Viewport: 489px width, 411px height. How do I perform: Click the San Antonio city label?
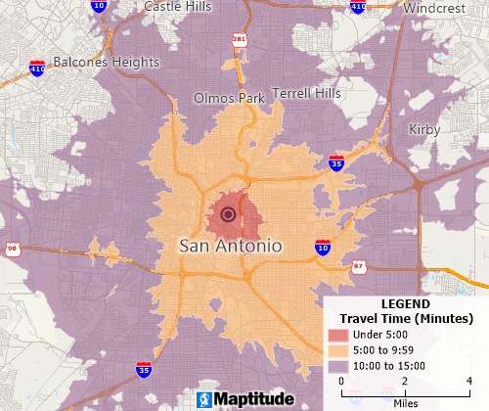(x=231, y=246)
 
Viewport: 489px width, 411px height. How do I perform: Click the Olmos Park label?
(x=229, y=99)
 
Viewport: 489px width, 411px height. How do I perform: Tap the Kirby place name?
(x=425, y=129)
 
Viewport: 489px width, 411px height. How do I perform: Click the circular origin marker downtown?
(x=229, y=214)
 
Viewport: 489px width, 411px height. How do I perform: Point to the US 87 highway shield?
(x=359, y=266)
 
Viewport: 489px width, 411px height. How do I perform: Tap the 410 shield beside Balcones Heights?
(x=36, y=69)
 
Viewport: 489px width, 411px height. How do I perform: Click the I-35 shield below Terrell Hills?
(x=335, y=162)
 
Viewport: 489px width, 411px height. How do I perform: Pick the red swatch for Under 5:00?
(x=337, y=336)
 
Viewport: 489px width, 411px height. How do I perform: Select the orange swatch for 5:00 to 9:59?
(x=337, y=350)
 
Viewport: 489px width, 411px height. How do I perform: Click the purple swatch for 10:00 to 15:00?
(x=337, y=365)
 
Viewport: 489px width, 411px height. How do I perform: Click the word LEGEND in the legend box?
(x=405, y=304)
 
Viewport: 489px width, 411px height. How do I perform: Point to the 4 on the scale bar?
(x=469, y=381)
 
